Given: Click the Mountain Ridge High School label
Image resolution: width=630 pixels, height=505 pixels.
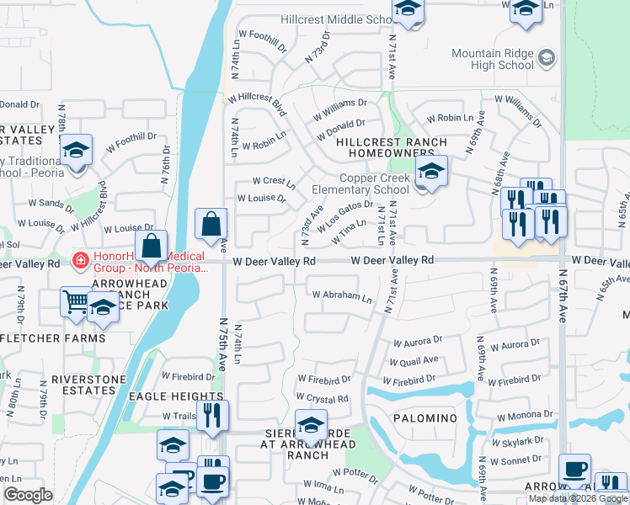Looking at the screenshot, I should point(493,59).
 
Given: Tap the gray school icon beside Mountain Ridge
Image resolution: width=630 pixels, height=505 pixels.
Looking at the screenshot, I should point(547,57).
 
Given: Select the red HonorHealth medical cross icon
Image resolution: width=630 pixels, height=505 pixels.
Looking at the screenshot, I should point(80,261).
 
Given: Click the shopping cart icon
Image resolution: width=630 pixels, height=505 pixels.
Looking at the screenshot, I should point(76,300).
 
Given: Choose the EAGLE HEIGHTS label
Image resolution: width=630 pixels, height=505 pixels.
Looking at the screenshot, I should point(175,396).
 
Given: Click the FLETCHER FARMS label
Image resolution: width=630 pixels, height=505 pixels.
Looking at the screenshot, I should point(57,338).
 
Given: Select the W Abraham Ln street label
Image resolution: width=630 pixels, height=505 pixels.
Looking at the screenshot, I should point(341,296).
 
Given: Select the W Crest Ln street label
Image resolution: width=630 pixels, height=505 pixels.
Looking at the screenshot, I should point(275,182).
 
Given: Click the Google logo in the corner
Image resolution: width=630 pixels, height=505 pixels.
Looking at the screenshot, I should point(28,495).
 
